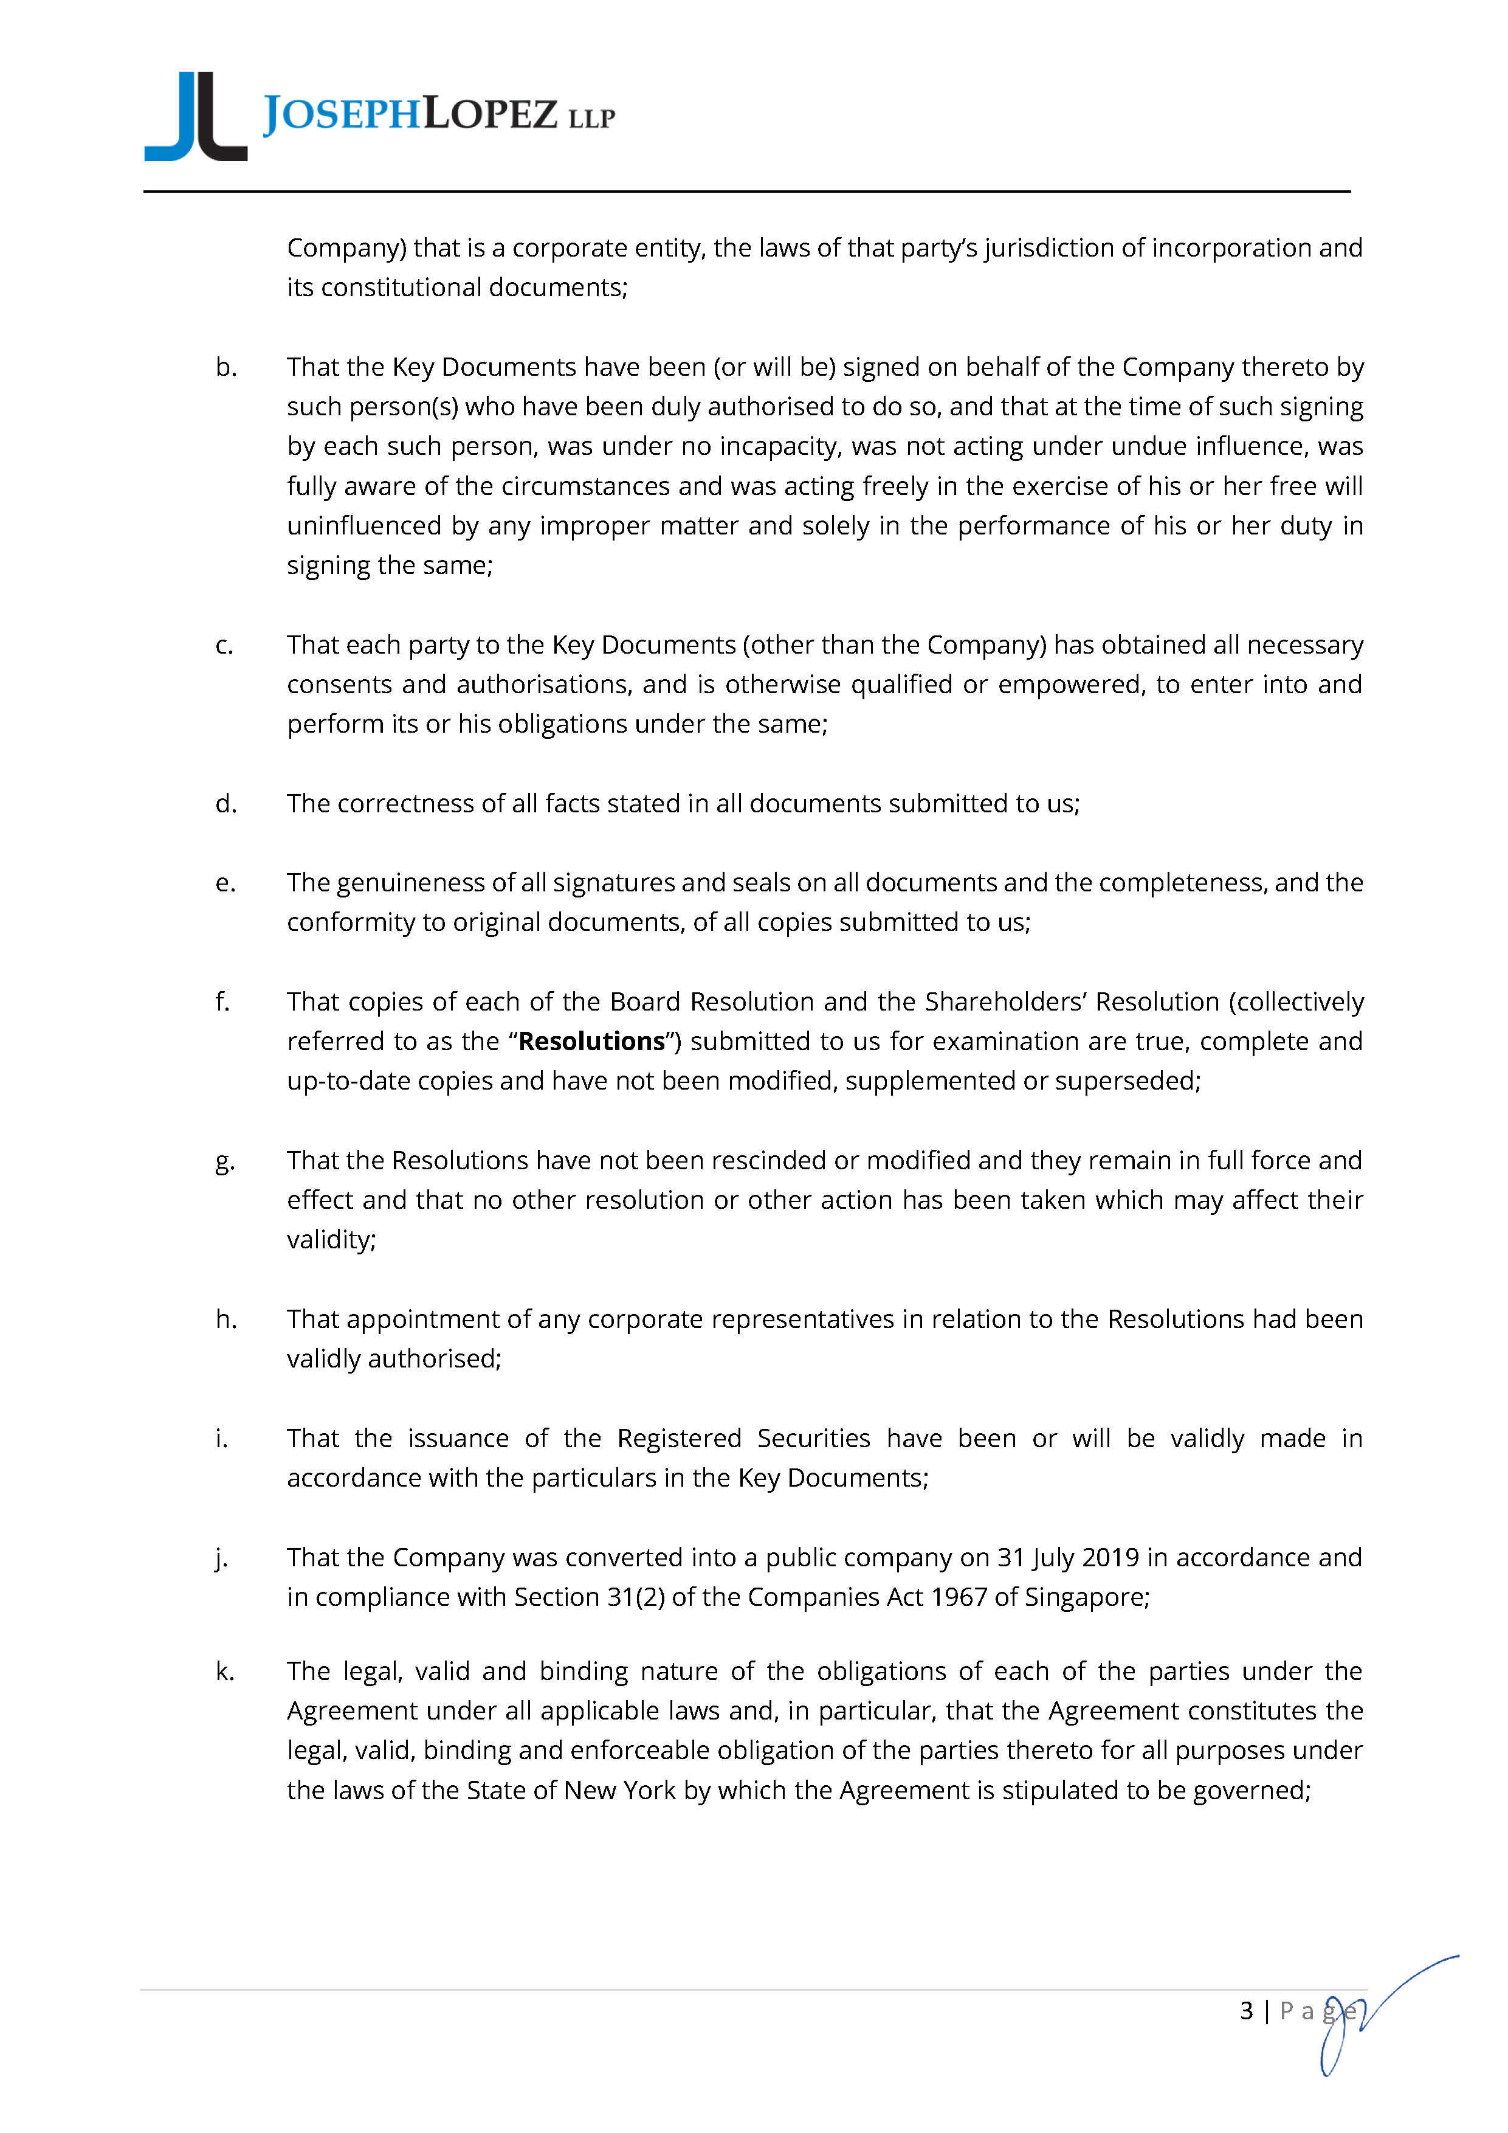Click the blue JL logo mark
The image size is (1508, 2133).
click(x=196, y=116)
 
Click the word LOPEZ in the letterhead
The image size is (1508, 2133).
click(x=491, y=115)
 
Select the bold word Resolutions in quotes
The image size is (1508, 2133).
click(x=591, y=1042)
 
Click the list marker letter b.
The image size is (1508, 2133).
click(x=226, y=368)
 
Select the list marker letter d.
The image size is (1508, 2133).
click(x=226, y=804)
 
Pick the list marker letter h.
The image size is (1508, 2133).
click(x=226, y=1319)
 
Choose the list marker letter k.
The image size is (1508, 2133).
click(x=226, y=1671)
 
